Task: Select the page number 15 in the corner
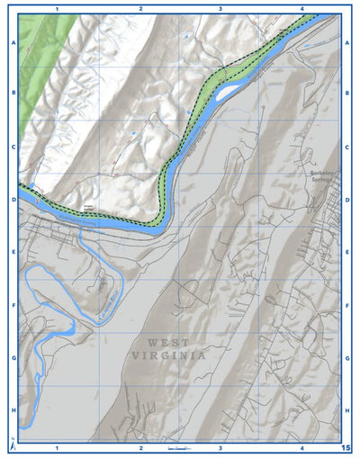pyautogui.click(x=346, y=447)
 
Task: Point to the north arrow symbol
pyautogui.click(x=12, y=445)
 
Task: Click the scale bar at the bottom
pyautogui.click(x=178, y=447)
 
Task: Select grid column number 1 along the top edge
pyautogui.click(x=57, y=8)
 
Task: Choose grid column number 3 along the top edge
pyautogui.click(x=220, y=8)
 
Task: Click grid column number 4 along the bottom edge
pyautogui.click(x=302, y=447)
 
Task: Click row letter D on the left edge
pyautogui.click(x=13, y=200)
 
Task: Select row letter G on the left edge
pyautogui.click(x=13, y=357)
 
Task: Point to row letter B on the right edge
pyautogui.click(x=348, y=93)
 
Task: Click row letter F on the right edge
pyautogui.click(x=348, y=305)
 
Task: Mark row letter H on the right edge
pyautogui.click(x=348, y=410)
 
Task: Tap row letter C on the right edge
pyautogui.click(x=348, y=147)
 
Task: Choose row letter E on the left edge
pyautogui.click(x=13, y=253)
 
